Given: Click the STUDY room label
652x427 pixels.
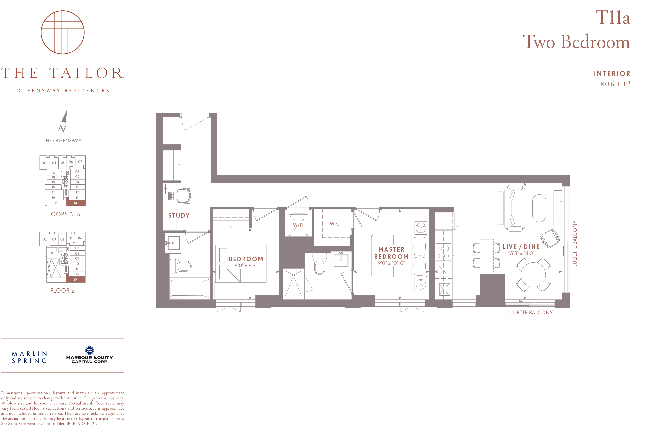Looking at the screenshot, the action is coord(179,215).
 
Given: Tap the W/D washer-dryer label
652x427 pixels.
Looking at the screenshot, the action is coord(298,225).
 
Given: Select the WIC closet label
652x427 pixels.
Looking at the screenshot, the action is coord(335,224).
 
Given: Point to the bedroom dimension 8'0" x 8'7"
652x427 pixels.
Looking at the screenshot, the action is coord(246,265).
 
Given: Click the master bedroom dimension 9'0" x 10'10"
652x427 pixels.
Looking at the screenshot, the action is coord(391,263).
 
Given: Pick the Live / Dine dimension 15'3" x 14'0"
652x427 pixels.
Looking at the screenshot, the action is coord(521,253).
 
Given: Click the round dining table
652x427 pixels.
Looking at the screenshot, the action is coord(533,275).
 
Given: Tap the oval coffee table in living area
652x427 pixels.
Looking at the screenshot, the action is coord(539,208).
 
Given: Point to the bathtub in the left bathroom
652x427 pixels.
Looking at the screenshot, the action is coord(190,288).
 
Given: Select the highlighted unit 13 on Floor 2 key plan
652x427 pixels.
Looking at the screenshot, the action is coord(76,279).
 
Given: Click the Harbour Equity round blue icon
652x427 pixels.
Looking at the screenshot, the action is coord(90,350).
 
